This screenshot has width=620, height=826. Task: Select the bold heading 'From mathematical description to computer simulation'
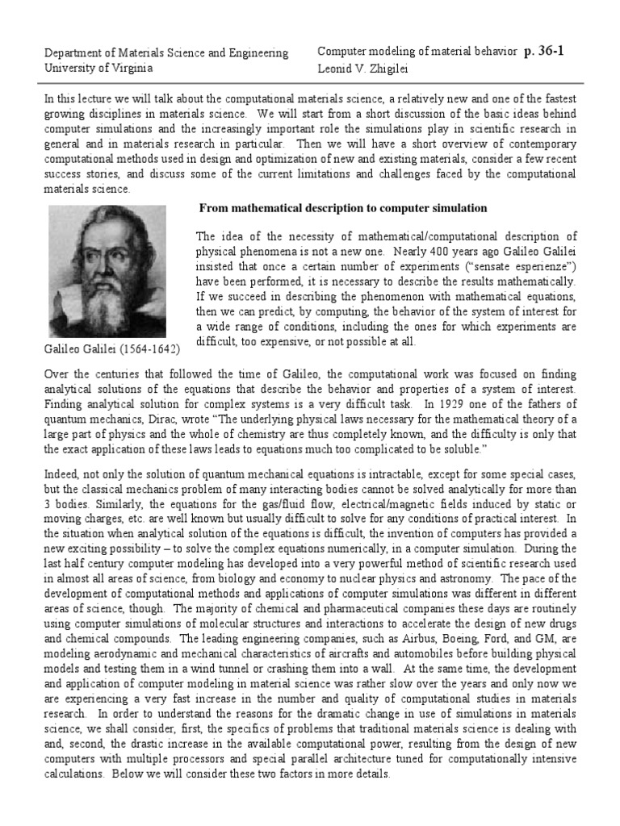pyautogui.click(x=343, y=208)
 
